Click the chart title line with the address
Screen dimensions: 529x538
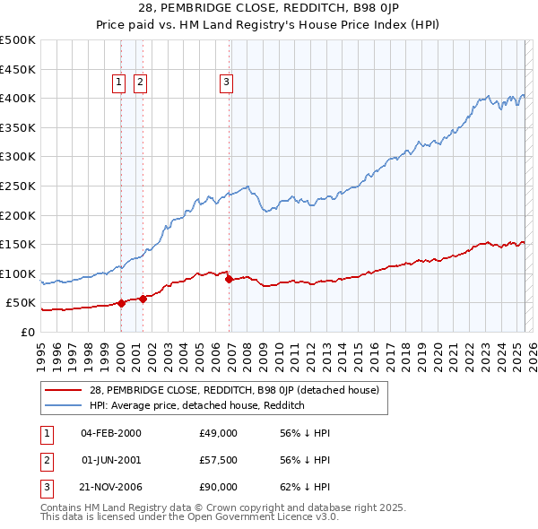coord(268,8)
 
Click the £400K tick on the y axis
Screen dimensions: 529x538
coord(18,98)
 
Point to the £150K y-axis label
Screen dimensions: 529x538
coord(18,244)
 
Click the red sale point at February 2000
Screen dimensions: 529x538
coord(121,303)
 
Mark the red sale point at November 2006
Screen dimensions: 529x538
coord(229,279)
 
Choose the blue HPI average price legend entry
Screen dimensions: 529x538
coord(197,405)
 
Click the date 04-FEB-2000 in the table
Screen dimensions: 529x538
coord(110,433)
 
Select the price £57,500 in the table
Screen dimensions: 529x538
coord(218,460)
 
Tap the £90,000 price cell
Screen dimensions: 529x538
coord(218,487)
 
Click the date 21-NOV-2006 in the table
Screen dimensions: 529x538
coord(110,487)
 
